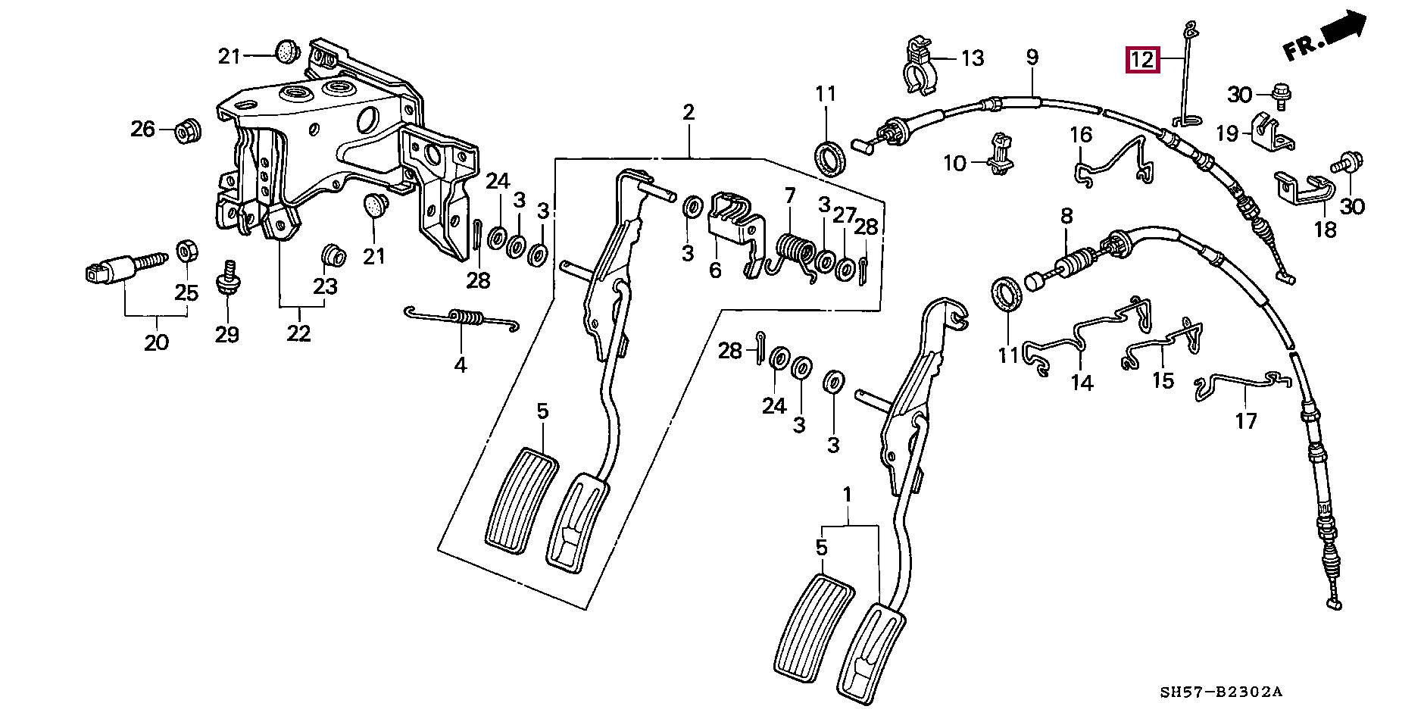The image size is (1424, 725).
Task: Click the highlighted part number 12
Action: (x=1142, y=59)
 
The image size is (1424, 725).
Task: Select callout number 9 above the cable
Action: (x=1032, y=57)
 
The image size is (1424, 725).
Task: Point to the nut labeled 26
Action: (x=185, y=130)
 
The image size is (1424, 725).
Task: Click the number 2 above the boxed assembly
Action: (x=689, y=113)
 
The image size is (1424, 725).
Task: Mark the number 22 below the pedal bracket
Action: (x=298, y=333)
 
